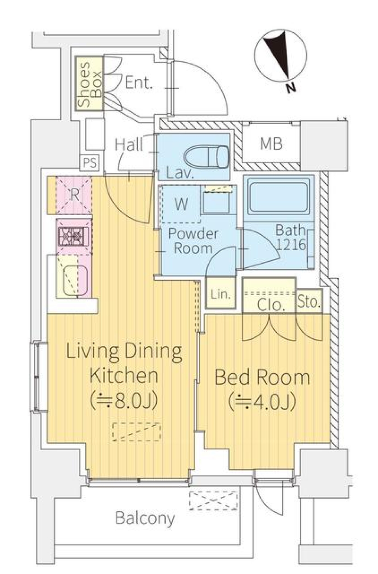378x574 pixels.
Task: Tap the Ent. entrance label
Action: click(139, 83)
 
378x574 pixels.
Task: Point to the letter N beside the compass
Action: click(290, 88)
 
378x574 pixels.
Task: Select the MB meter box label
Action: click(271, 144)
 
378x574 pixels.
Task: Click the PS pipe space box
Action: click(90, 163)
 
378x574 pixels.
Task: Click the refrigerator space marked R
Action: click(74, 195)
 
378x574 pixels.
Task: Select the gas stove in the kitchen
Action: click(74, 236)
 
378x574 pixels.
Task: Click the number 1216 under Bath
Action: click(291, 245)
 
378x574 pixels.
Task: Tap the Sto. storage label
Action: click(309, 302)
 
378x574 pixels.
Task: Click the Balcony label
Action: click(145, 519)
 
